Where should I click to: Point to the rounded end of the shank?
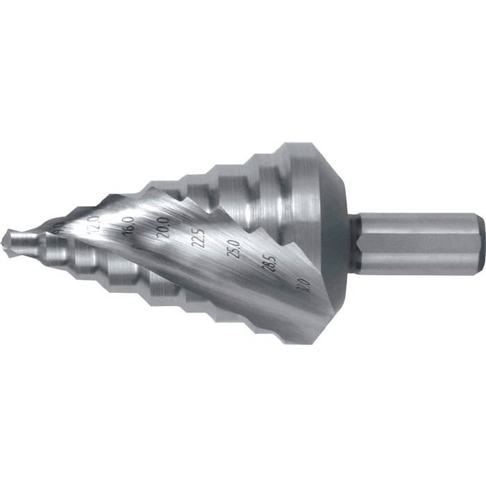(479, 244)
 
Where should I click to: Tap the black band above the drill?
(243, 69)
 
